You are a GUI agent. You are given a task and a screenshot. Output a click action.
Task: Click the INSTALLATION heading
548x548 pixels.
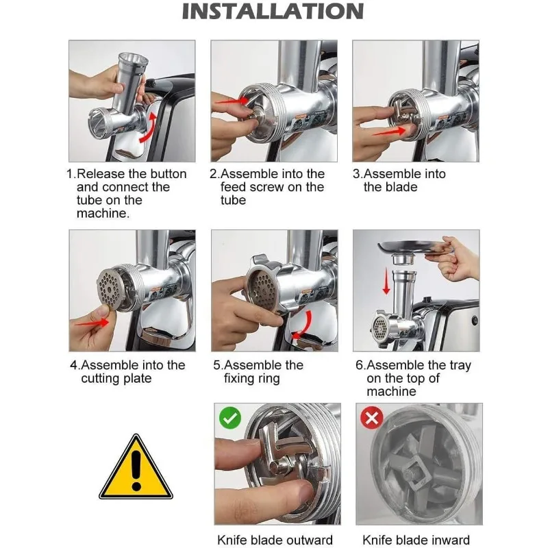point(273,11)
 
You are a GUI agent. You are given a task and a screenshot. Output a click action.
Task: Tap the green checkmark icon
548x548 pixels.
point(230,418)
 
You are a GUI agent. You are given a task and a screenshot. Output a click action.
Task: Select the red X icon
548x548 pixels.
point(372,418)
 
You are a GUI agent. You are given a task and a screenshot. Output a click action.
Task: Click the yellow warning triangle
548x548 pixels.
point(136,466)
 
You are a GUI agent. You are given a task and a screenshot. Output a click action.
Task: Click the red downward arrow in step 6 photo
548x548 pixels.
point(386,281)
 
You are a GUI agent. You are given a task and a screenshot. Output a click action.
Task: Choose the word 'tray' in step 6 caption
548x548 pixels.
point(460,366)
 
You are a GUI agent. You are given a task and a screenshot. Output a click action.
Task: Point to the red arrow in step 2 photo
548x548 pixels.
point(232,101)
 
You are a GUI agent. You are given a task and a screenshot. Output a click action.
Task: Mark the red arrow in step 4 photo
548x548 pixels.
point(92,323)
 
